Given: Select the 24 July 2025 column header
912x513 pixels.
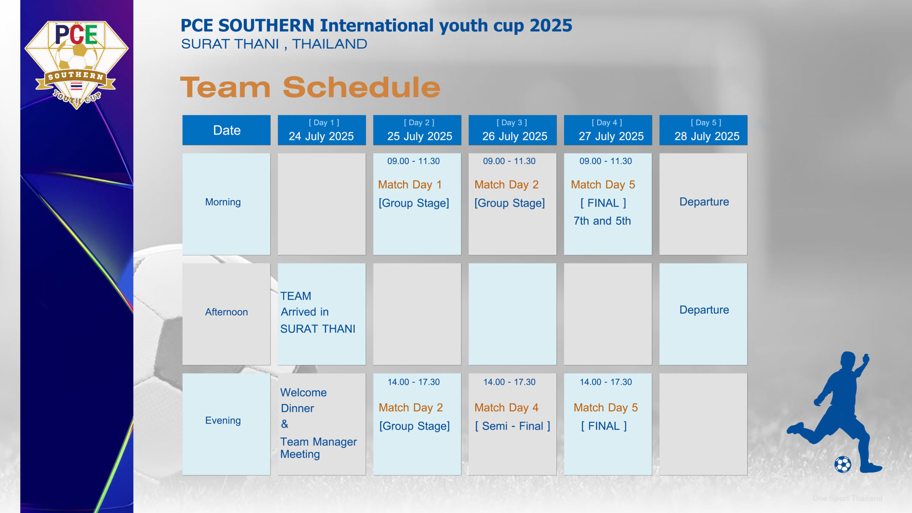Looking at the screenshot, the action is (x=322, y=130).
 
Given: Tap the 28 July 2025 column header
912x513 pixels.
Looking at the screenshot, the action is (x=703, y=130).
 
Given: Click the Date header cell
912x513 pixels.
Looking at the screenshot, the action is (x=227, y=130).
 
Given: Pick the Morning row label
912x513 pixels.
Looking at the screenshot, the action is (x=223, y=202).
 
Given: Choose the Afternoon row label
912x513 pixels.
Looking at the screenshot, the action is (x=227, y=312).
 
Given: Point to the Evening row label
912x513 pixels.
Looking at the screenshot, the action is (x=223, y=421).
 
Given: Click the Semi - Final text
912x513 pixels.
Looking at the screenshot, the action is (x=513, y=426).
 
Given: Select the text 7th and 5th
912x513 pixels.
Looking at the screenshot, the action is (x=602, y=221).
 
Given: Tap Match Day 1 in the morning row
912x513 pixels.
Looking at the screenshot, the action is (x=410, y=185).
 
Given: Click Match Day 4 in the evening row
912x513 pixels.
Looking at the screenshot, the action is (x=506, y=408).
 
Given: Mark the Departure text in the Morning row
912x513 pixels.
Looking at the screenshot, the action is (x=704, y=202).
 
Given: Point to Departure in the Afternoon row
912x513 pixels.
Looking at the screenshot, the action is (x=704, y=310).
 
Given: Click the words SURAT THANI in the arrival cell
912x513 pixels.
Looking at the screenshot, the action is (x=318, y=329).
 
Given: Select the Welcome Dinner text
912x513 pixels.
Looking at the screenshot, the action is (x=304, y=400).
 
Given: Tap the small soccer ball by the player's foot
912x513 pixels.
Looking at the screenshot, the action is (x=843, y=465).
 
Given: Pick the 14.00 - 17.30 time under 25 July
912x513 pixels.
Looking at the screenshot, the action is (x=414, y=382).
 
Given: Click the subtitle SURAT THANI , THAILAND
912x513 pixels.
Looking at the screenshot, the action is (x=274, y=44).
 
